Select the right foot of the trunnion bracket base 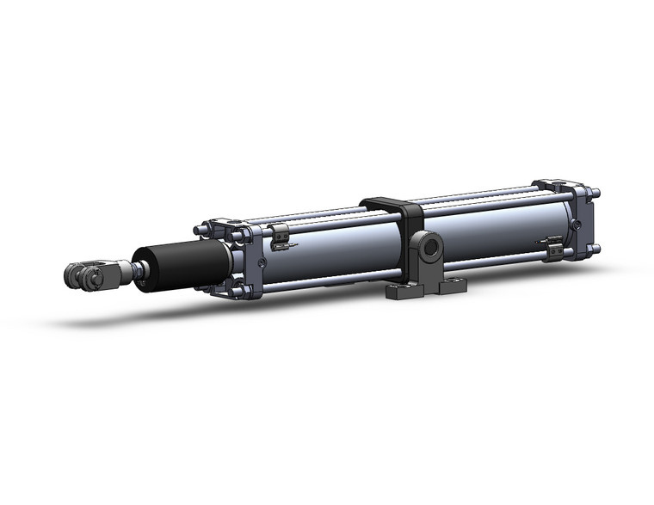(x=453, y=283)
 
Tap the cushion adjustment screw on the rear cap (x=576, y=225)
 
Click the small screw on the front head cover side (x=261, y=263)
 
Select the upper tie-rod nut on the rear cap (x=594, y=193)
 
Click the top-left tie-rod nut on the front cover (x=201, y=229)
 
